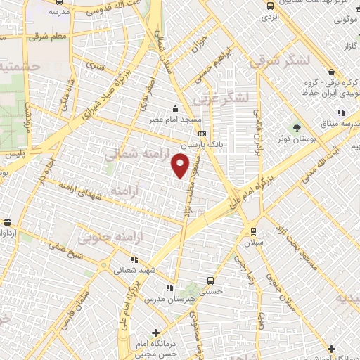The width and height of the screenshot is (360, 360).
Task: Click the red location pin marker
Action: pyautogui.click(x=181, y=165)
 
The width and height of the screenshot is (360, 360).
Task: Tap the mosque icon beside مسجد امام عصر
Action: pyautogui.click(x=175, y=109)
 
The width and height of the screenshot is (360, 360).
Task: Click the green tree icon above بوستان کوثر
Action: pyautogui.click(x=296, y=129)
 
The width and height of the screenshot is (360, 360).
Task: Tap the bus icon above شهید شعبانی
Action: pyautogui.click(x=117, y=259)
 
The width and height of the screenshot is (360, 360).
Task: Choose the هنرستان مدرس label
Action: pyautogui.click(x=167, y=300)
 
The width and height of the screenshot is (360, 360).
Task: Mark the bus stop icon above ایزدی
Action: pyautogui.click(x=270, y=6)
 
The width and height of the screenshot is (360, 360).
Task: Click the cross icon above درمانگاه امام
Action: pyautogui.click(x=156, y=333)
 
